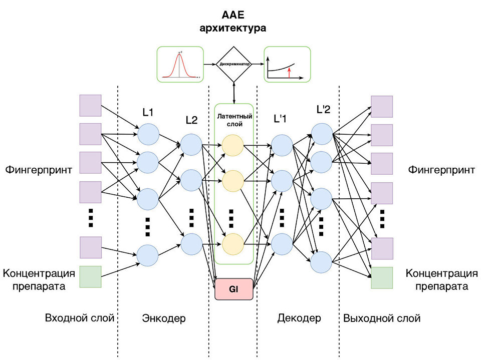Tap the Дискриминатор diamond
233,65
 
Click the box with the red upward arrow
287,64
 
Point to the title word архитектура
233,28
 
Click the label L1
148,112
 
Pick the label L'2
324,109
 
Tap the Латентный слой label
234,120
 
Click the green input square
91,277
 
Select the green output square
382,278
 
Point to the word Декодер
299,318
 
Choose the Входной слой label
80,318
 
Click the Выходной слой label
382,318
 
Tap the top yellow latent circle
232,145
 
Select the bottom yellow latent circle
232,244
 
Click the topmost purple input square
91,105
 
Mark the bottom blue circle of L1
148,255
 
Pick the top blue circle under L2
191,145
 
